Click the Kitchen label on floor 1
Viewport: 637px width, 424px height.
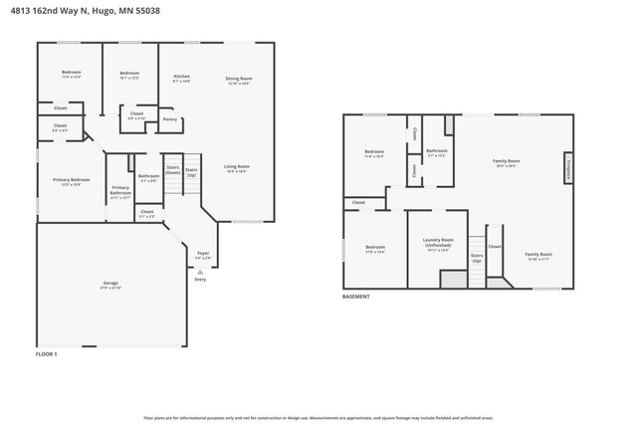181,77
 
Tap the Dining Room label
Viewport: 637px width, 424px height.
238,79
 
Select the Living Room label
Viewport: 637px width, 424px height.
236,167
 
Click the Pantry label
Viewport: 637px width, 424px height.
170,118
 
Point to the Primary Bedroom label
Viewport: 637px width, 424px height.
71,180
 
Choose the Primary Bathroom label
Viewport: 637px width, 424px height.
120,190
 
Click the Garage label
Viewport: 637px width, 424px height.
109,284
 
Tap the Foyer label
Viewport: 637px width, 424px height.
202,254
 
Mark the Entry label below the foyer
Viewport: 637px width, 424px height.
200,280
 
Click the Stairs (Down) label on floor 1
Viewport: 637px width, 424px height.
173,169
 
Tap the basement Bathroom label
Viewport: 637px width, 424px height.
436,151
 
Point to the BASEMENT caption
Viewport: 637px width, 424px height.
355,297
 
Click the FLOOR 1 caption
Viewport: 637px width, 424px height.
47,353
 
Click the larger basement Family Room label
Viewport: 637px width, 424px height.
506,162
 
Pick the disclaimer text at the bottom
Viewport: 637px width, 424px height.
318,418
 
